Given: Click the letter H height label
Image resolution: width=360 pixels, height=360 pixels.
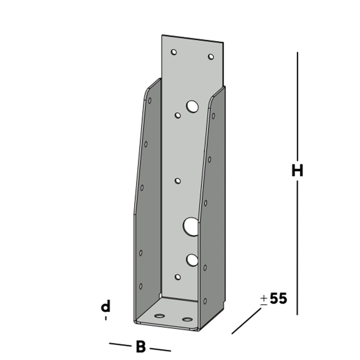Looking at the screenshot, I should pos(297,171).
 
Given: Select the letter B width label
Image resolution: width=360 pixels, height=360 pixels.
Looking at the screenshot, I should pos(141,347).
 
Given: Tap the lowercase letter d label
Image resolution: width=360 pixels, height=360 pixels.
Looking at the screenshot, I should pos(105,307).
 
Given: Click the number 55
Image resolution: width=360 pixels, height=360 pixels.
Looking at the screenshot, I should pos(278,298).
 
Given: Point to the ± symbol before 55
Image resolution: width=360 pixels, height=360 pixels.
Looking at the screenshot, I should pos(264,300).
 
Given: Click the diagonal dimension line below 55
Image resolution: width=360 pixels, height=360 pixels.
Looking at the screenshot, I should pos(246,321).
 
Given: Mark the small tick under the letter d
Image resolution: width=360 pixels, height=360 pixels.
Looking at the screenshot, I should pos(106,318).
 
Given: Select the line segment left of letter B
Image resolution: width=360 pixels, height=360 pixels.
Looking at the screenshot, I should pos(120,345).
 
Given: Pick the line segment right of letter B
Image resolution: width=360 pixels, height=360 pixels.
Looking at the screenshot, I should pos(160,349).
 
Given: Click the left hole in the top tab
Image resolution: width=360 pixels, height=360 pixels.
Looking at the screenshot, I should pos(174,52).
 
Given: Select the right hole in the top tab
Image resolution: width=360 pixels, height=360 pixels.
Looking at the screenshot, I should pos(211,57).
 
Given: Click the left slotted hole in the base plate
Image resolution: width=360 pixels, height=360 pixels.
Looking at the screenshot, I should pos(159,316).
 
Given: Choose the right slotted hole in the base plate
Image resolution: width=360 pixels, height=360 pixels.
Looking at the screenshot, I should pos(187,319).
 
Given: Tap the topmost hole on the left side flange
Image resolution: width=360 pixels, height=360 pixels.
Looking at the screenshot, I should pos(150,100).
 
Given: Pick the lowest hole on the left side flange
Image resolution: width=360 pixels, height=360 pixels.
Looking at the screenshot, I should pos(141,286).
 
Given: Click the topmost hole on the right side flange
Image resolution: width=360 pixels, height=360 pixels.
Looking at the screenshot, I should pos(213,116).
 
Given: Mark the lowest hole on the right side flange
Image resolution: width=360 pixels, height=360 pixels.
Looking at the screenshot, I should pos(205,301).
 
